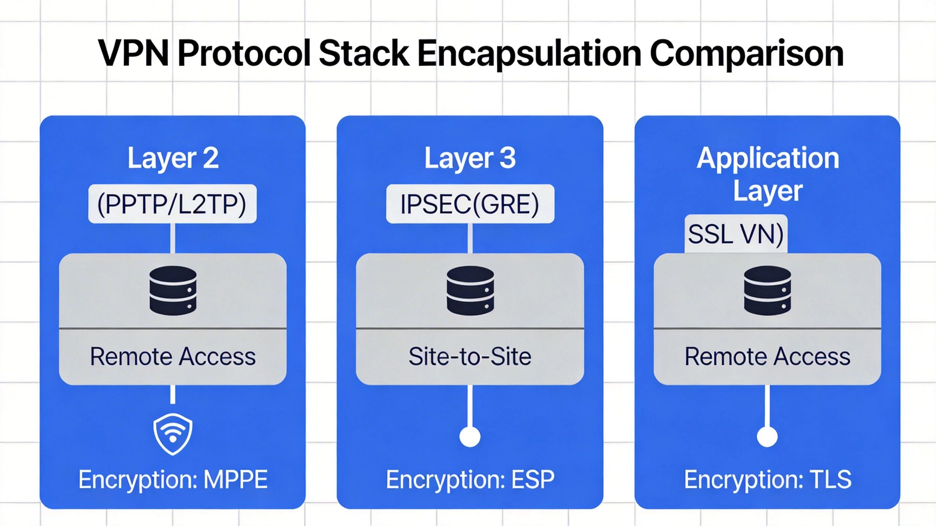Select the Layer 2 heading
(173, 158)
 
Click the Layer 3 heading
(470, 158)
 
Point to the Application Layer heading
(767, 174)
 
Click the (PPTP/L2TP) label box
(172, 204)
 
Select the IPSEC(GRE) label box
(470, 204)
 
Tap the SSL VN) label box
(736, 234)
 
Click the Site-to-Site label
(470, 357)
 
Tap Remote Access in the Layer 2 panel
(173, 357)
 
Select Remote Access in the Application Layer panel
(767, 357)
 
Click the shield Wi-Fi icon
(173, 434)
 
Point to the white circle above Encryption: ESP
(470, 437)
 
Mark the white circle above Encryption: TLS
(767, 437)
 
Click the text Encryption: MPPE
(173, 480)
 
